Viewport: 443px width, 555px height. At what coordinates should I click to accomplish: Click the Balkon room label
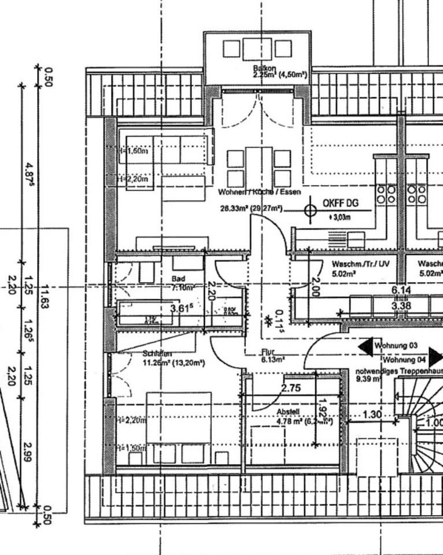[264, 69]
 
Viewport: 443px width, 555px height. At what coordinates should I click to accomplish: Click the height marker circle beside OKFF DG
[311, 210]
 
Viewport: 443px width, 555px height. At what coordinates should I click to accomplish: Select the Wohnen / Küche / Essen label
[259, 191]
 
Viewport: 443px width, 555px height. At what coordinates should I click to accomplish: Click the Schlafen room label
[157, 353]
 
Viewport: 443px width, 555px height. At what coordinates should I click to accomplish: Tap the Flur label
[268, 351]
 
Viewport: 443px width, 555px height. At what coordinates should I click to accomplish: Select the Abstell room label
[288, 412]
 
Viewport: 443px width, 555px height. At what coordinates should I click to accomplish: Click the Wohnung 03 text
[396, 345]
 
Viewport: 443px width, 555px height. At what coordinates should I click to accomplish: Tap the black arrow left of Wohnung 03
[366, 347]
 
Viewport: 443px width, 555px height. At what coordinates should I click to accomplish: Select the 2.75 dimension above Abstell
[291, 388]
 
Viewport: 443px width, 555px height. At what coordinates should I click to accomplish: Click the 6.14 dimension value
[401, 290]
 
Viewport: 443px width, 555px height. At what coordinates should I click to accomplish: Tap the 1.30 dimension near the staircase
[372, 415]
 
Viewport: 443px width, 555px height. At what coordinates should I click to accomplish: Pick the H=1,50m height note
[132, 448]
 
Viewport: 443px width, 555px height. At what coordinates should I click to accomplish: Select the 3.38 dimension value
[401, 306]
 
